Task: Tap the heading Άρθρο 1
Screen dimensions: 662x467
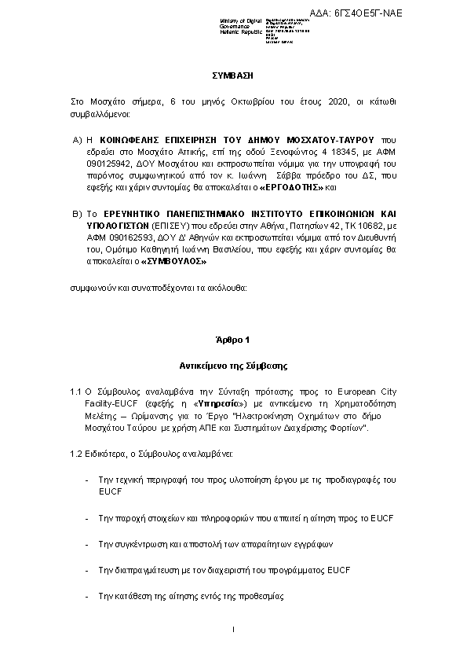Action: click(233, 340)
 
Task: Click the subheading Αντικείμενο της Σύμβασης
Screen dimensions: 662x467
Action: click(233, 366)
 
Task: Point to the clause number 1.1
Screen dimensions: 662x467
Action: click(76, 391)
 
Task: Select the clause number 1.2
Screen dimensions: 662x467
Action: click(76, 454)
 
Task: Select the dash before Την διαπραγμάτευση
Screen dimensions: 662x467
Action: click(86, 568)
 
